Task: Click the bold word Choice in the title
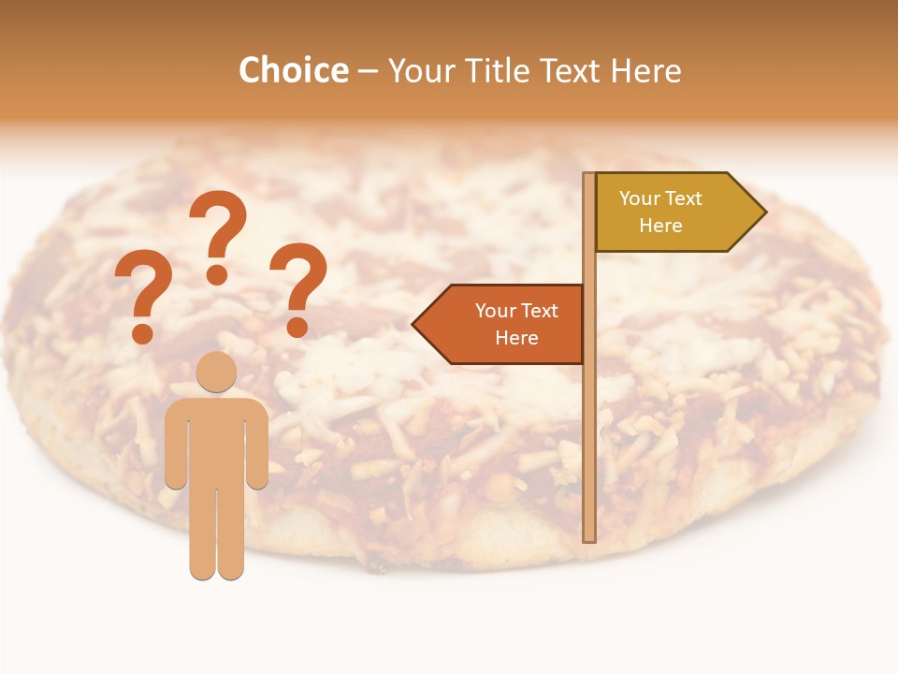(x=293, y=71)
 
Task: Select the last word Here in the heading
(x=646, y=71)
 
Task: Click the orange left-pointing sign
(x=505, y=324)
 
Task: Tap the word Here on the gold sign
(x=660, y=226)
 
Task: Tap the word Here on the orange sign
(x=516, y=338)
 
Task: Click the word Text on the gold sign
(x=684, y=198)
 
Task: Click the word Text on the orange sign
(x=540, y=311)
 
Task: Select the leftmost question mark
(x=143, y=300)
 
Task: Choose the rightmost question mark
(x=298, y=289)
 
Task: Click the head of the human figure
(x=216, y=371)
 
